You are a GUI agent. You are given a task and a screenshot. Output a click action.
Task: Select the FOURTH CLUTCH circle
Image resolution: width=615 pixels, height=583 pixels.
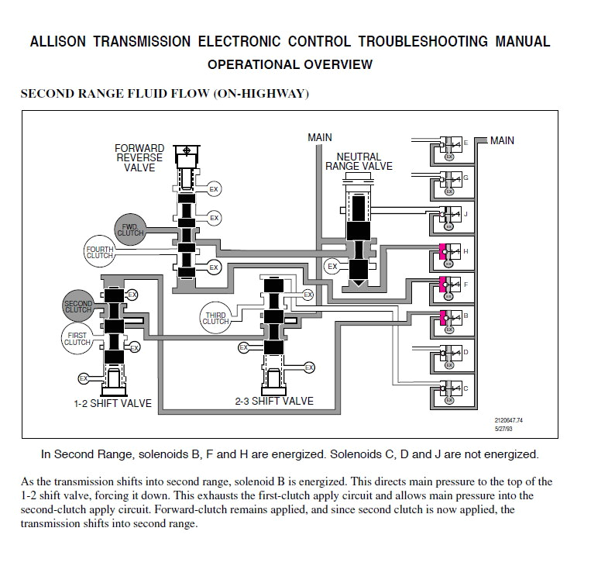tap(100, 250)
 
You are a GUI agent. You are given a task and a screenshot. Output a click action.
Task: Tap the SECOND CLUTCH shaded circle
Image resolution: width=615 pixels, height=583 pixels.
tap(78, 305)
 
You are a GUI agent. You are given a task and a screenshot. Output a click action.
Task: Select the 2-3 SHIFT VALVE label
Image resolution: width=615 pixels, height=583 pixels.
tap(274, 401)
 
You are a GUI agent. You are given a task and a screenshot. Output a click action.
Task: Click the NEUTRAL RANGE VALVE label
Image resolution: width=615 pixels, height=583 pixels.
tap(359, 161)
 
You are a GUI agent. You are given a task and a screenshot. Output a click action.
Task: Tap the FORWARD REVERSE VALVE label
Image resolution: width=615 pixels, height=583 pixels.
tap(139, 157)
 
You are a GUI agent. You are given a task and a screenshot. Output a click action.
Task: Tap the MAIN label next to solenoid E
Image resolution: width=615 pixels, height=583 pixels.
tap(502, 140)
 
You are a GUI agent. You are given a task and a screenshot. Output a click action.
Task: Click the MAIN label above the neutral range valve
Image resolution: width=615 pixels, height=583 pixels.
tap(319, 137)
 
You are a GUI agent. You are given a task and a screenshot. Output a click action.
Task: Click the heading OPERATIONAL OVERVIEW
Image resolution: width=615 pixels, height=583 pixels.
tap(290, 64)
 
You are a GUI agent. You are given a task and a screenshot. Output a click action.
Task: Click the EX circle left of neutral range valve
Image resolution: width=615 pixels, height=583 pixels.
tap(332, 267)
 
